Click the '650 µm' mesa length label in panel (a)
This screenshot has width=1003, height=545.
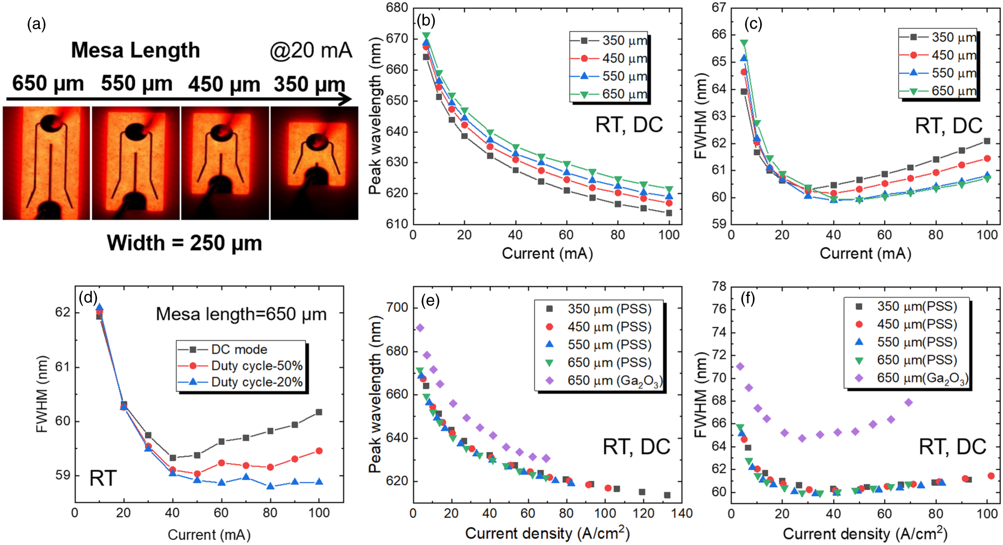[x=47, y=83]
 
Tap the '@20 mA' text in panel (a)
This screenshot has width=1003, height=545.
[x=311, y=50]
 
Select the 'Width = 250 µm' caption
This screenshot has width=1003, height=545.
[x=184, y=243]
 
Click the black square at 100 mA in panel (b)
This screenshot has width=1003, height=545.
[x=669, y=213]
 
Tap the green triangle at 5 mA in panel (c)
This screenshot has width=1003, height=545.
[x=744, y=43]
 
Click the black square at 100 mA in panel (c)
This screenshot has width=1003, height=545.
[x=987, y=141]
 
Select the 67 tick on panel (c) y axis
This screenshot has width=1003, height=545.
[x=719, y=8]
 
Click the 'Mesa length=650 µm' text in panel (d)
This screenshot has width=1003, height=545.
[x=241, y=314]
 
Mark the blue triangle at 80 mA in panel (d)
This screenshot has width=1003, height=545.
[x=270, y=485]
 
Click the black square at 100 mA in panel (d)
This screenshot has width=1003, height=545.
[x=319, y=412]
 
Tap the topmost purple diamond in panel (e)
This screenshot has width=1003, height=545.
[x=420, y=328]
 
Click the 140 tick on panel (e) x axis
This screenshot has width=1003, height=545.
[x=682, y=514]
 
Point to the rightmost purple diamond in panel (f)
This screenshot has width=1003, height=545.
[x=909, y=403]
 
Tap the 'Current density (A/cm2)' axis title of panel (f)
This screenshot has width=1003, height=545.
[x=865, y=534]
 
